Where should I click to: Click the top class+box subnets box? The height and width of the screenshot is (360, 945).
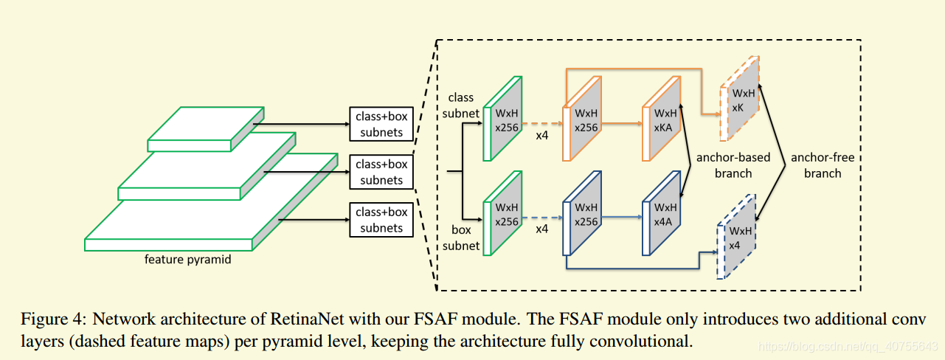[x=381, y=124]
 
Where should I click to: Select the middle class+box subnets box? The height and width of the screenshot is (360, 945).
[x=381, y=172]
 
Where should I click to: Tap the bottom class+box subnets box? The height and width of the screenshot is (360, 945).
[x=381, y=219]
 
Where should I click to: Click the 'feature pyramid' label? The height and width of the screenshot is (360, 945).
[x=187, y=259]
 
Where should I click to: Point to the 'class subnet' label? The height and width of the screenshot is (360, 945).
[x=460, y=105]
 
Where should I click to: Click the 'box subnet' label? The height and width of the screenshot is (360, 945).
[x=460, y=238]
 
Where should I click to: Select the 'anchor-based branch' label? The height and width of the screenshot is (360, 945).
[x=733, y=165]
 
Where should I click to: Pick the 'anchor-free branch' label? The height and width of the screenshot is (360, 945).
[x=823, y=165]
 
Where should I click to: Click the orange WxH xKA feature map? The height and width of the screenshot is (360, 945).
[x=661, y=119]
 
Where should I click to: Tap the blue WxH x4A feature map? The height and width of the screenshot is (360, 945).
[x=661, y=213]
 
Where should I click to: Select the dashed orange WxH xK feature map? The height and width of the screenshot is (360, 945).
[x=739, y=98]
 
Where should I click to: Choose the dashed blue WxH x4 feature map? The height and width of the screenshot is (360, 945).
[x=736, y=237]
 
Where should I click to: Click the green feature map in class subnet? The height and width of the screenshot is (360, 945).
[x=502, y=119]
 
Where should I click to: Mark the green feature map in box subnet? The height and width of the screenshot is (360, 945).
[x=502, y=213]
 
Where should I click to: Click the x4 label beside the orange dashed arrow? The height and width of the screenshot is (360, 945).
[x=541, y=136]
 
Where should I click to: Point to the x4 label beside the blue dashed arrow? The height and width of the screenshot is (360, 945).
[x=541, y=229]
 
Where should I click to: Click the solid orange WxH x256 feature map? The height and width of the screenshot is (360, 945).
[x=582, y=119]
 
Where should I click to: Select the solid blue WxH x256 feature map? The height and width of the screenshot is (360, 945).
[x=582, y=213]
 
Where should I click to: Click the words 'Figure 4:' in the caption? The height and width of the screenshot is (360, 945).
[x=54, y=319]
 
